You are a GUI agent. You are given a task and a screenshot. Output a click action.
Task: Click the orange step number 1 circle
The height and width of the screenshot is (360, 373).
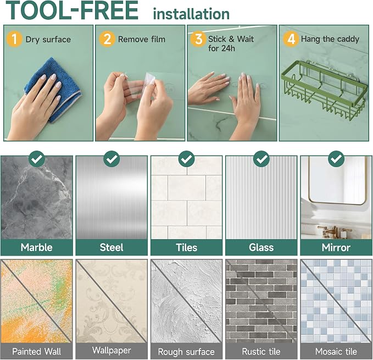[14, 39]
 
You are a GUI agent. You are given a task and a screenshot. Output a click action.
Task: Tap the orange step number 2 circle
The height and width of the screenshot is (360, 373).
[107, 39]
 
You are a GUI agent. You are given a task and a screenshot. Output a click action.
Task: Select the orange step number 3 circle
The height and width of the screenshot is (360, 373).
[198, 39]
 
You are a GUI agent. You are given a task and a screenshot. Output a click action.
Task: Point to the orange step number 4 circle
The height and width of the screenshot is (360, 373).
[291, 39]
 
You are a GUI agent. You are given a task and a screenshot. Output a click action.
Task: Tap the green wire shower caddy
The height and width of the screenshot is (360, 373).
[324, 90]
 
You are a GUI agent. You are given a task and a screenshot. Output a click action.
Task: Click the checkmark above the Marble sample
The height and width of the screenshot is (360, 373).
[37, 159]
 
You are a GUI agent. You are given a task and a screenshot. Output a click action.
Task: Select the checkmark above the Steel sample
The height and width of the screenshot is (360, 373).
[112, 159]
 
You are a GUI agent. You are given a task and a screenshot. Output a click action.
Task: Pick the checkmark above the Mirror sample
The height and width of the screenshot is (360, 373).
[336, 159]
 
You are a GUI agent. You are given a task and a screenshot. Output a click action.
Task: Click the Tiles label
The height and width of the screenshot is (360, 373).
[187, 247]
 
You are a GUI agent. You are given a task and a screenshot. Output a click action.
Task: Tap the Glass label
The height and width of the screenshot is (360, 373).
[261, 247]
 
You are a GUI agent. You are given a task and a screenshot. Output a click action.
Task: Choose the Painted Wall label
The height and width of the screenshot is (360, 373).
[37, 351]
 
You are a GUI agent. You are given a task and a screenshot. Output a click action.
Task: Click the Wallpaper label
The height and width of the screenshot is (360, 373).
[112, 351]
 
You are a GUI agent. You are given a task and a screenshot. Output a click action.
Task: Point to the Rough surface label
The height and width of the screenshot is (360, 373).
[186, 352]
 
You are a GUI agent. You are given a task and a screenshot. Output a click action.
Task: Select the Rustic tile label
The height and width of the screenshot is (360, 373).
[261, 351]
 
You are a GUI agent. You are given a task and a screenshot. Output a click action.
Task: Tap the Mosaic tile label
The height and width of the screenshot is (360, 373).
[336, 351]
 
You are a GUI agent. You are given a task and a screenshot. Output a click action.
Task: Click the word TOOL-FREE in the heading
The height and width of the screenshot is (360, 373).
[73, 10]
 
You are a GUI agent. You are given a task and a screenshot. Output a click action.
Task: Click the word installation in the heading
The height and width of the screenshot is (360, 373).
[191, 14]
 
